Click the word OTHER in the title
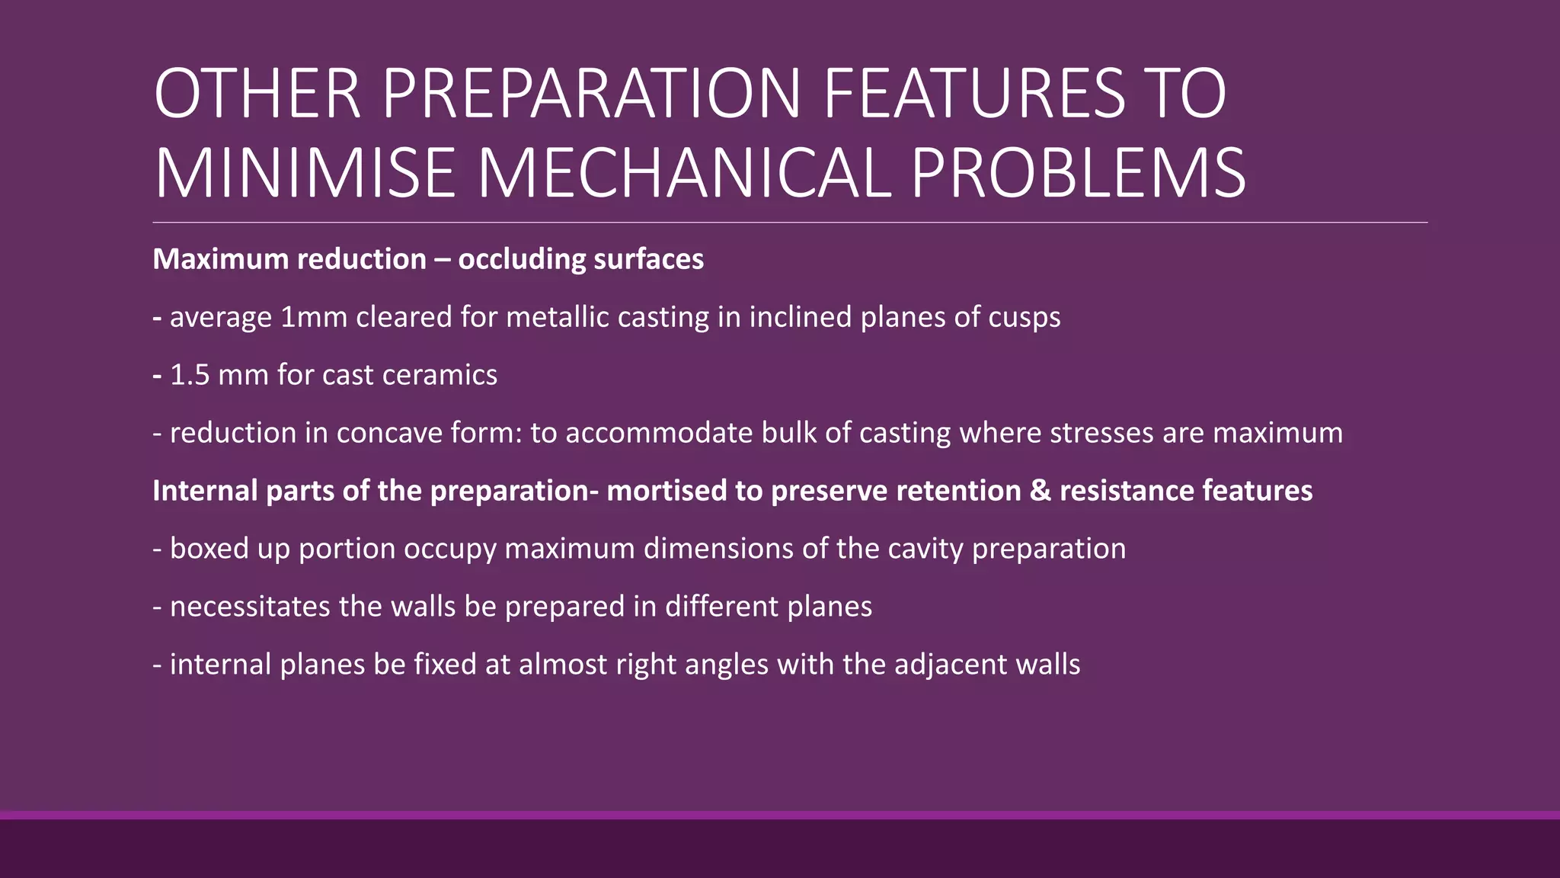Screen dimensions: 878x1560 tap(257, 94)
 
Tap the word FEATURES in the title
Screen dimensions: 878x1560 tap(973, 94)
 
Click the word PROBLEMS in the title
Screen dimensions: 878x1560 tap(1078, 174)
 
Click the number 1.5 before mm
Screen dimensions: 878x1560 tap(189, 375)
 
